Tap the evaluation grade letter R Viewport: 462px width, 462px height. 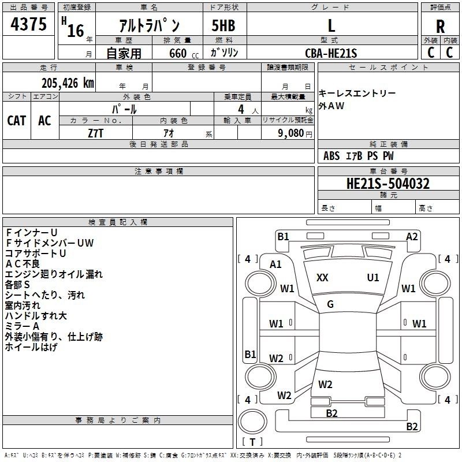pyautogui.click(x=440, y=26)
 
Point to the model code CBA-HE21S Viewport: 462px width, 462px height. pyautogui.click(x=331, y=53)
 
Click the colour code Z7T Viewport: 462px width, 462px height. pyautogui.click(x=96, y=132)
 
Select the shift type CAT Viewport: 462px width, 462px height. pyautogui.click(x=16, y=120)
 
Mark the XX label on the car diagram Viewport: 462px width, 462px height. pyautogui.click(x=322, y=278)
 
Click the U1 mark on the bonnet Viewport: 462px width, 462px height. pyautogui.click(x=373, y=278)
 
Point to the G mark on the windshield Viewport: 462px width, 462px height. pyautogui.click(x=330, y=304)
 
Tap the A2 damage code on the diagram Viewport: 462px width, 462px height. pyautogui.click(x=412, y=236)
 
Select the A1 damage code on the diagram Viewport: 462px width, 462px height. pyautogui.click(x=275, y=264)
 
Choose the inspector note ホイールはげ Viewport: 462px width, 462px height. pyautogui.click(x=31, y=347)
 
